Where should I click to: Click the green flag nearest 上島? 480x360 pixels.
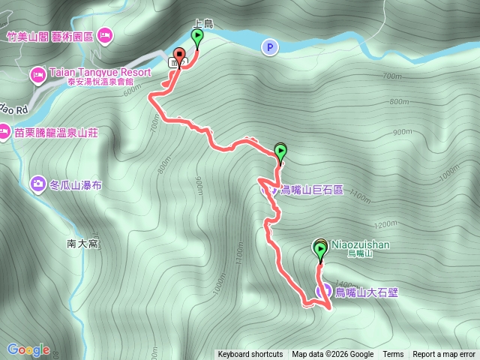pos(197,37)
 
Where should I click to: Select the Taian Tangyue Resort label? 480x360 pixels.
pos(100,73)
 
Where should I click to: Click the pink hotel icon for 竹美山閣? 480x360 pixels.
pos(105,34)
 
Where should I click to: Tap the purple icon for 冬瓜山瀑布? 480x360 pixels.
pos(37,182)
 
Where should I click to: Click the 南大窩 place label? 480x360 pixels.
pos(82,244)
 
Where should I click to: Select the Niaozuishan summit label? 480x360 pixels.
pos(360,244)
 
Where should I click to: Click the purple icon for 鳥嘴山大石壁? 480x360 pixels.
pos(324,291)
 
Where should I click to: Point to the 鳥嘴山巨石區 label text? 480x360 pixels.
pos(311,190)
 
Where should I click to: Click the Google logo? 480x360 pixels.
pos(28,349)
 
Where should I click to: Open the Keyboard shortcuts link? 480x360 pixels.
pos(250,355)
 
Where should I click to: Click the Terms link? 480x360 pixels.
pos(393,355)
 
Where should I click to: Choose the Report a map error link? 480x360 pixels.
pos(444,355)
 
